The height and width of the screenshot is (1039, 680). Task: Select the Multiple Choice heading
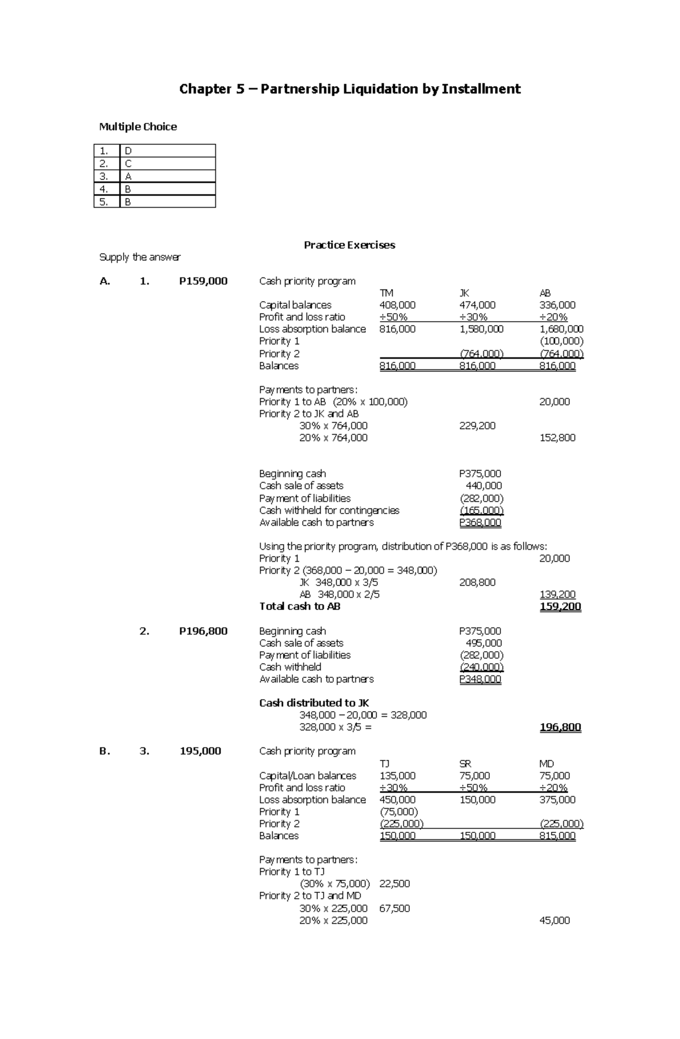[x=138, y=127]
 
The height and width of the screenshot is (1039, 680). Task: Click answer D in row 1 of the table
[x=128, y=151]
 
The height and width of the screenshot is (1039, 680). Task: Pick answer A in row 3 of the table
[x=128, y=176]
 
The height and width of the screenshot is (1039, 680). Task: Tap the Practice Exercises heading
[x=349, y=245]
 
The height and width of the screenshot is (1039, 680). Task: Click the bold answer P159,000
[x=203, y=281]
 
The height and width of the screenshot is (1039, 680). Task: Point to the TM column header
[x=386, y=293]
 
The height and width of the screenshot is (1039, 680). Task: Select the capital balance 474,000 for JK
[x=477, y=305]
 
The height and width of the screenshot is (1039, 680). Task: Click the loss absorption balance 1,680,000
[x=561, y=329]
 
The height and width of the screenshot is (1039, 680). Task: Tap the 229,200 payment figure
[x=477, y=426]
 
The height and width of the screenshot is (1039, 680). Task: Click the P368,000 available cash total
[x=480, y=523]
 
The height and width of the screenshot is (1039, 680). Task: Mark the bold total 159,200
[x=560, y=606]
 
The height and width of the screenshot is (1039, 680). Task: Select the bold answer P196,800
[x=203, y=631]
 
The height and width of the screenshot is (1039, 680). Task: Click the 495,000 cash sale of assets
[x=483, y=643]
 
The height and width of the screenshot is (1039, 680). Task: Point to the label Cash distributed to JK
[x=314, y=703]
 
